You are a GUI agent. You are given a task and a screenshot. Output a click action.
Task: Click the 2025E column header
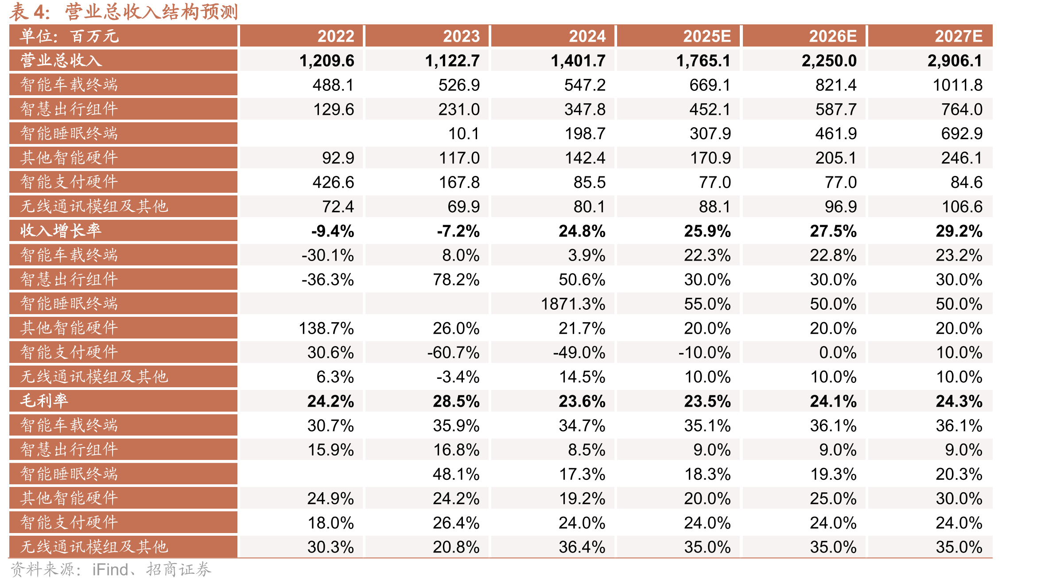coord(707,36)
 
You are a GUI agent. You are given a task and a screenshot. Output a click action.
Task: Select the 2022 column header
coord(336,36)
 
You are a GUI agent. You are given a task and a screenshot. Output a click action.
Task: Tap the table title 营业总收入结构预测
coord(151,12)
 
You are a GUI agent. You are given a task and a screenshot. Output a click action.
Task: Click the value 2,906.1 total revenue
coord(955,61)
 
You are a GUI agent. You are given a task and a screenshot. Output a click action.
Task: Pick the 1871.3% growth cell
coord(573,304)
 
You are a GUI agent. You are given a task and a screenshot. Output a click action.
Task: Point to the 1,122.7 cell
coord(452,61)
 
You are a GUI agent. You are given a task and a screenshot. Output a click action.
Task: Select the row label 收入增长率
coord(61,230)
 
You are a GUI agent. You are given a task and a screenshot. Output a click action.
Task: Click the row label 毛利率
coord(44,401)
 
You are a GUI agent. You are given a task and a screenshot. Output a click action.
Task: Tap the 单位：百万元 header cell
coord(70,36)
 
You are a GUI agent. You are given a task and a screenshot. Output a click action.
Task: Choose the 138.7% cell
coord(326,328)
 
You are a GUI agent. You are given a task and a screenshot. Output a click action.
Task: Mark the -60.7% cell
coord(453,353)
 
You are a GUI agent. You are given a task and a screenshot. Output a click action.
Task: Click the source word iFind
coord(110,569)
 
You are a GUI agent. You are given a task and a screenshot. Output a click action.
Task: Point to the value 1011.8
coord(958,85)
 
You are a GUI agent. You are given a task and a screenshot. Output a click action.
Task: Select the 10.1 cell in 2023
coord(464,134)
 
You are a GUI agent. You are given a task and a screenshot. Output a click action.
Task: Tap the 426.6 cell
coord(333,182)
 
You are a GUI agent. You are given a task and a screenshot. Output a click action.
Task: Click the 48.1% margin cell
coord(456,474)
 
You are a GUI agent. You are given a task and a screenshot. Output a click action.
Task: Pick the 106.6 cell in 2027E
coord(962,206)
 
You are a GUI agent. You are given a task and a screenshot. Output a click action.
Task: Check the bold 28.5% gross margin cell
coord(456,401)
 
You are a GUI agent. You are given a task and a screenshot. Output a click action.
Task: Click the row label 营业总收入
coord(61,60)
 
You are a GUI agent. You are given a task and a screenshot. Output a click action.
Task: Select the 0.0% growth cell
coord(838,353)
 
